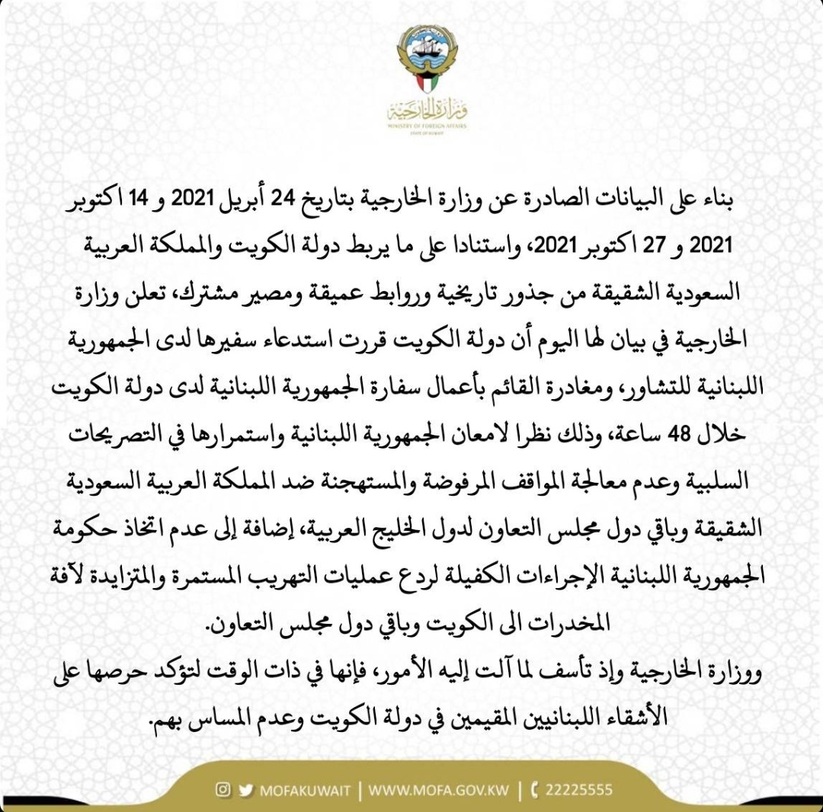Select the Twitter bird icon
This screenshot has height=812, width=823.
coord(245,790)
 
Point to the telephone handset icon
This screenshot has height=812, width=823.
coord(534,790)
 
